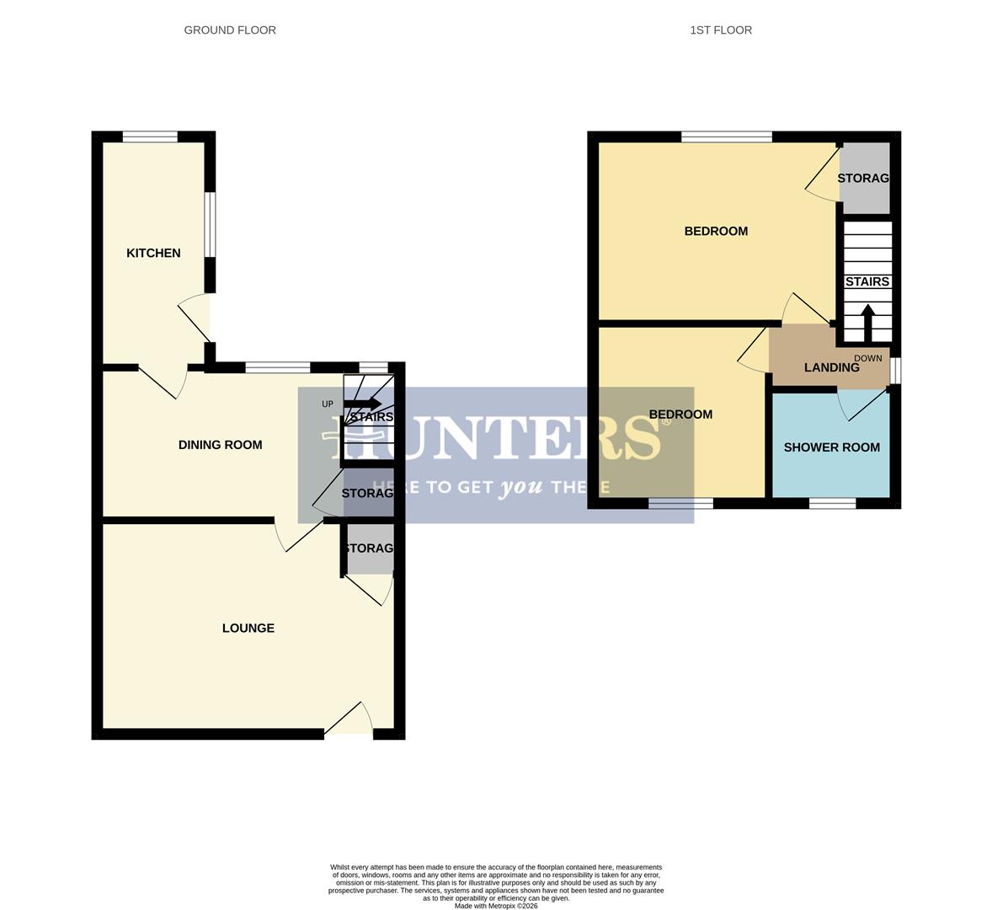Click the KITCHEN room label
coord(153,253)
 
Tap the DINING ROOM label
coord(220,445)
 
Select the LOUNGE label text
coord(248,628)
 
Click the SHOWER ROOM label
coord(831,447)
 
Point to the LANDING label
coord(831,367)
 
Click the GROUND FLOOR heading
coord(230,30)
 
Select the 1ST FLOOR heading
coord(720,30)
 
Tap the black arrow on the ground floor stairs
coord(362,404)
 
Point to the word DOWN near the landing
coord(867,358)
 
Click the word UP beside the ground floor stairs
coord(328,404)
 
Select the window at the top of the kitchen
coord(150,136)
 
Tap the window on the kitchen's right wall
coord(211,223)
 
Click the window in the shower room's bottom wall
coord(832,503)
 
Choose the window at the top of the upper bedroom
coord(727,136)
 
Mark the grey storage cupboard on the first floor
coord(865,178)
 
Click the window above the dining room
coord(277,367)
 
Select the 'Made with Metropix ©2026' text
coord(495,906)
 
